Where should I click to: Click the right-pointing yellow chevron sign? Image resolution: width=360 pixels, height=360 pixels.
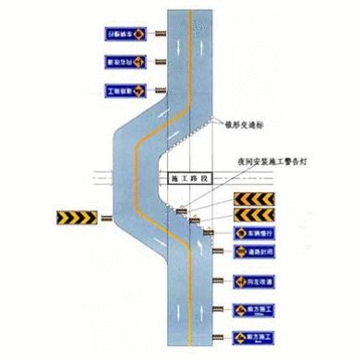pos(77,218)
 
